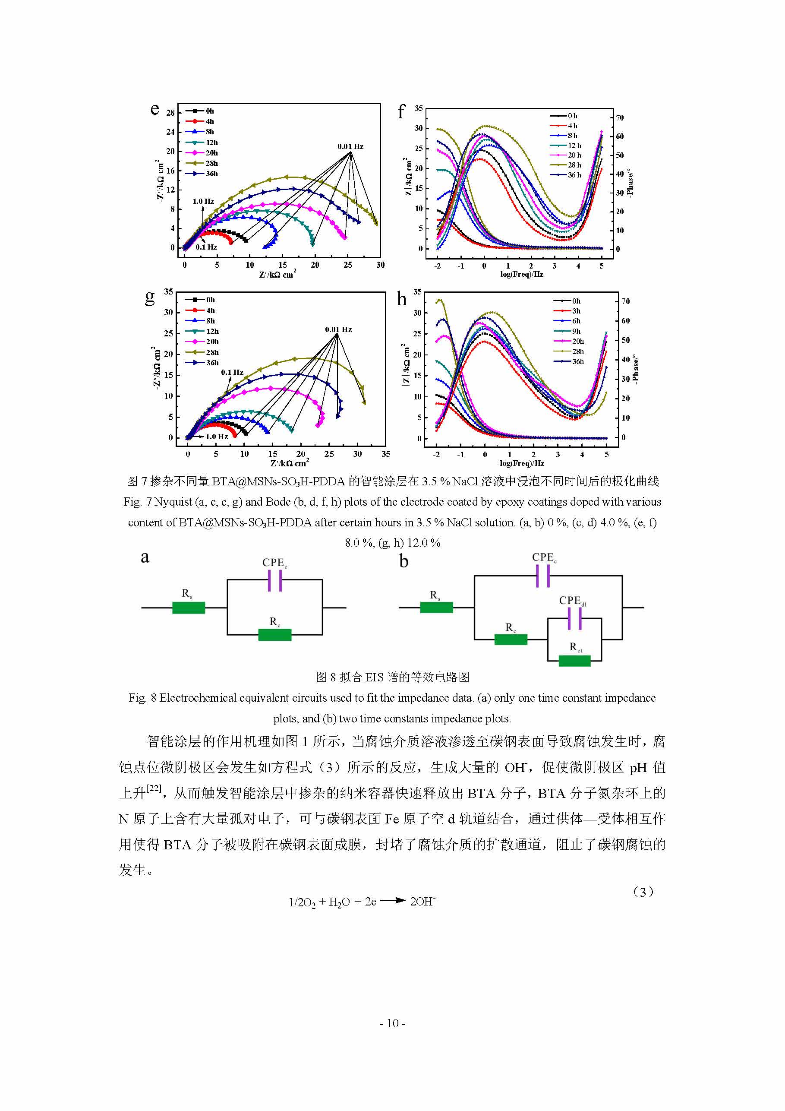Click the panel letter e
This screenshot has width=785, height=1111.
(155, 109)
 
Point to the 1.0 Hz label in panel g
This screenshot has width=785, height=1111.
(217, 437)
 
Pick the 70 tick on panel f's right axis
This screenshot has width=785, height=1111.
(620, 117)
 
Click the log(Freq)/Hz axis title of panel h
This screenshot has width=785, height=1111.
(522, 464)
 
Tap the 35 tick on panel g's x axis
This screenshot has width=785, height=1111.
(385, 454)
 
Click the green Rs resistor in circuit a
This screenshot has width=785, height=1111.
(189, 608)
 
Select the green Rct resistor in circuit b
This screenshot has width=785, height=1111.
(574, 661)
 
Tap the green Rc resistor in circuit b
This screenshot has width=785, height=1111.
(511, 639)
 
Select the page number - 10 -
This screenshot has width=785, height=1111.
(392, 1023)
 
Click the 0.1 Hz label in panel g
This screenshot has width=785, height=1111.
(232, 372)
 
